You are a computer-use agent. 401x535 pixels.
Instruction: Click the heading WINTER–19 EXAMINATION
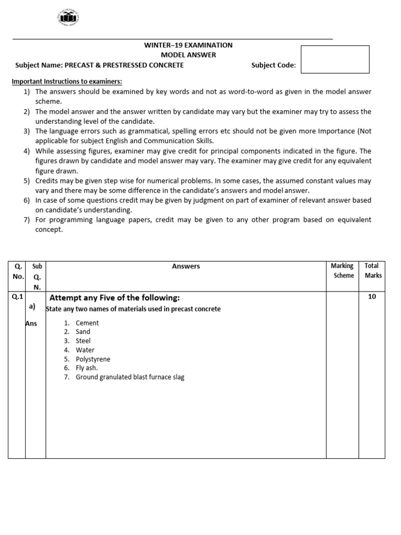click(188, 45)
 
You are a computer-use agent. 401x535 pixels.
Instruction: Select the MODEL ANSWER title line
click(188, 55)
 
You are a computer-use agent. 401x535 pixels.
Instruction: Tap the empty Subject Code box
click(335, 59)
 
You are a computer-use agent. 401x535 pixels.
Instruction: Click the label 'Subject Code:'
click(273, 65)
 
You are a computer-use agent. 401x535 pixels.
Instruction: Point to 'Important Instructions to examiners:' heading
click(67, 82)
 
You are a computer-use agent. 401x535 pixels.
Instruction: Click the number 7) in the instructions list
click(27, 220)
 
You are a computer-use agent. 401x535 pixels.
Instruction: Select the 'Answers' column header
click(186, 266)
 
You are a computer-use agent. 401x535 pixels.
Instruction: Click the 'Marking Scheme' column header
click(343, 271)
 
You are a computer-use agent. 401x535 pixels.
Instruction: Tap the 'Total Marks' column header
click(373, 271)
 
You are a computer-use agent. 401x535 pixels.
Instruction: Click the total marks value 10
click(372, 297)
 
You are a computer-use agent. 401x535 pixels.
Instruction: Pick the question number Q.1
click(18, 297)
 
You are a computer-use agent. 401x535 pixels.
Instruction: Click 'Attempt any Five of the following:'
click(114, 298)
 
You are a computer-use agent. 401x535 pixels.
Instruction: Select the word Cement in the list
click(87, 323)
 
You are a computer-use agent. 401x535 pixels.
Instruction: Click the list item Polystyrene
click(93, 359)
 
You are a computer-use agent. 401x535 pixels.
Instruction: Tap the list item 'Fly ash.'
click(87, 368)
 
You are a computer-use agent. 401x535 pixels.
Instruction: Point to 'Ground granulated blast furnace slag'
click(130, 377)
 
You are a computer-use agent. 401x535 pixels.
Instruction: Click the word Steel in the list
click(83, 341)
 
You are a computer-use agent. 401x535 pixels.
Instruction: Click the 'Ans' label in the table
click(31, 323)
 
